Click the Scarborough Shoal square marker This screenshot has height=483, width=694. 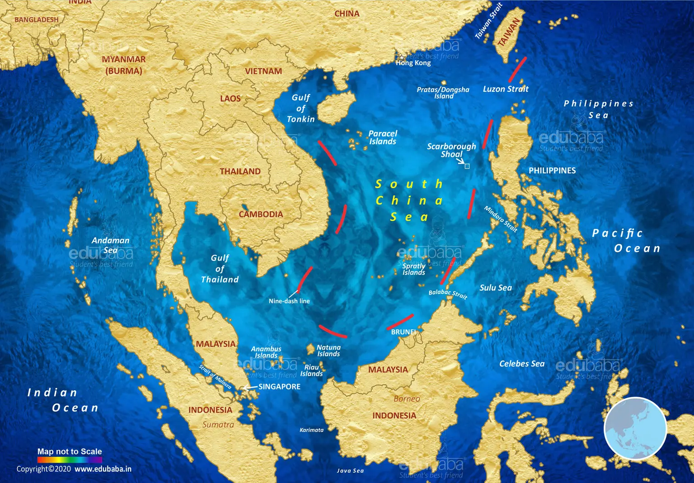(467, 166)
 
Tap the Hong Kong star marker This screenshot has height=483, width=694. (401, 57)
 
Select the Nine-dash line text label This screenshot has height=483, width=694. (289, 301)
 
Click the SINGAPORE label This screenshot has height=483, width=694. (279, 387)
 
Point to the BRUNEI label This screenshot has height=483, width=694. (403, 332)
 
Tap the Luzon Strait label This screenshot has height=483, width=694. (506, 89)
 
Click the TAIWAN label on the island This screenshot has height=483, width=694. (509, 32)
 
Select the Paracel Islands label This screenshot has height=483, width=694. (383, 137)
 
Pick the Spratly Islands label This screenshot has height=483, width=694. (414, 269)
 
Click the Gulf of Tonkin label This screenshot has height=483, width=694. (301, 109)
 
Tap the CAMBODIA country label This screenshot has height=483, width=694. (261, 214)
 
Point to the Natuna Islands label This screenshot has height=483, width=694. (328, 351)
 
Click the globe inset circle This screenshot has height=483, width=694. (635, 428)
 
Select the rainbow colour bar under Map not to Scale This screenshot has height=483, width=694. (70, 459)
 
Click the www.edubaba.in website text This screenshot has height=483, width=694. (103, 469)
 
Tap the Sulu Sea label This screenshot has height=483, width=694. (496, 288)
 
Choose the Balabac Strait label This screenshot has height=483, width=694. (448, 294)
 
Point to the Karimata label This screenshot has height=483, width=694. (311, 430)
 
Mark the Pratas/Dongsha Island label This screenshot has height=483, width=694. (443, 93)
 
